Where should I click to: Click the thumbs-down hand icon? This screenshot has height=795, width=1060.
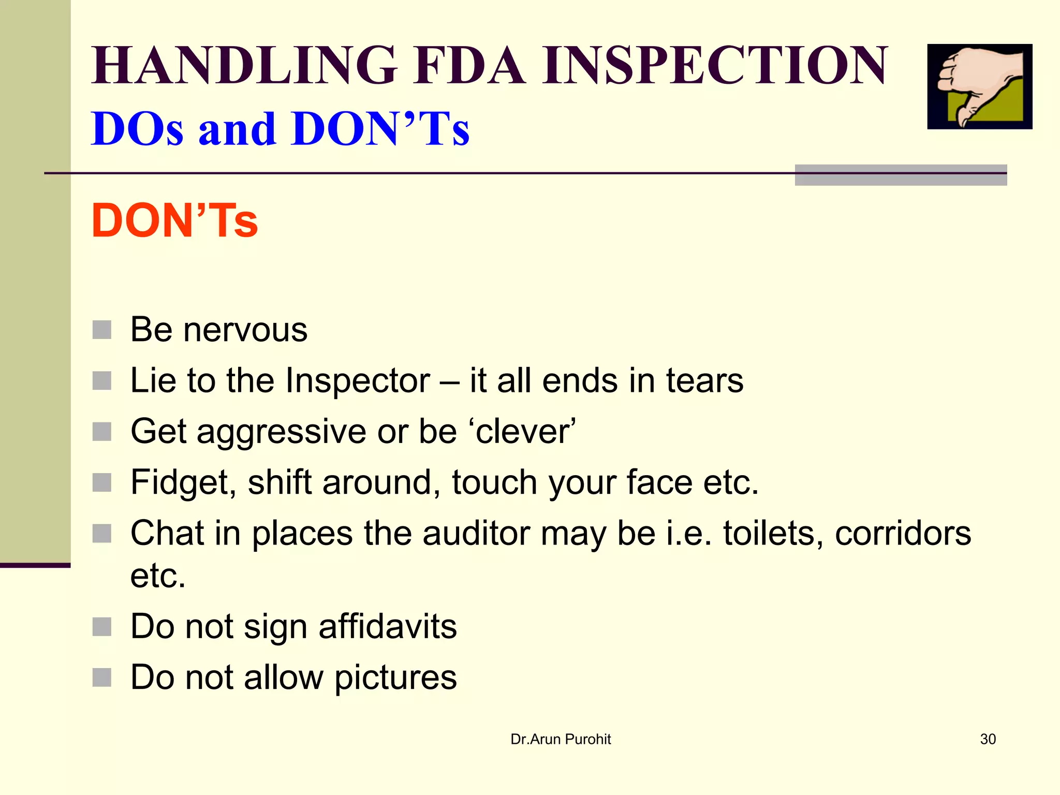click(979, 86)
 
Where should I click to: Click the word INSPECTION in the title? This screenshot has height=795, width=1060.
click(715, 66)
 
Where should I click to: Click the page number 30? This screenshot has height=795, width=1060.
click(988, 739)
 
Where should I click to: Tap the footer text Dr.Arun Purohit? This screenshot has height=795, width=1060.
click(561, 739)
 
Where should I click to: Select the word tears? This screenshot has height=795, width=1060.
click(704, 380)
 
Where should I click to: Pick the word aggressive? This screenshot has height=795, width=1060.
click(282, 432)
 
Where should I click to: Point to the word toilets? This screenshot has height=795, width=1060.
click(773, 533)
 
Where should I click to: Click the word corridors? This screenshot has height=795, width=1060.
click(903, 533)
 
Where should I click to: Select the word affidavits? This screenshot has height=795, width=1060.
click(388, 626)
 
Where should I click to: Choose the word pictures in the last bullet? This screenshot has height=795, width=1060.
click(395, 678)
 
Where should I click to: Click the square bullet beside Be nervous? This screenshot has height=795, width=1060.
click(102, 330)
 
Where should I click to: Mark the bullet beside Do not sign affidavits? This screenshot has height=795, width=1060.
click(102, 627)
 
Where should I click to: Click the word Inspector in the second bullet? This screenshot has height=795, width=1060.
click(358, 381)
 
